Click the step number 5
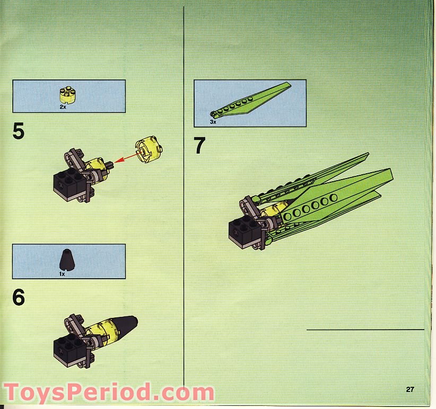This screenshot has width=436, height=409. coord(19,131)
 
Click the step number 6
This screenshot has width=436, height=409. coord(19,297)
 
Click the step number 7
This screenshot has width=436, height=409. coord(199,146)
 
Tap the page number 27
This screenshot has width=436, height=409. coord(410,389)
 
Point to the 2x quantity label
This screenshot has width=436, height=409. coord(63,106)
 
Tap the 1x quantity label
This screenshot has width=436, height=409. coord(62,273)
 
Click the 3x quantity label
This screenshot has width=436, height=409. coord(213,121)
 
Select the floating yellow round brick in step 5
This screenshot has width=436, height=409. coord(148,150)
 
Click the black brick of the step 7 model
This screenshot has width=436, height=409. coord(243,231)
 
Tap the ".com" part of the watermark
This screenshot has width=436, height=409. coord(186,394)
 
